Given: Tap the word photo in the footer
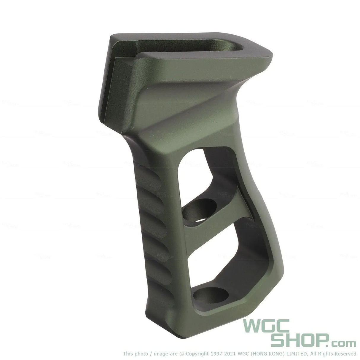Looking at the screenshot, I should [x=139, y=353].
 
